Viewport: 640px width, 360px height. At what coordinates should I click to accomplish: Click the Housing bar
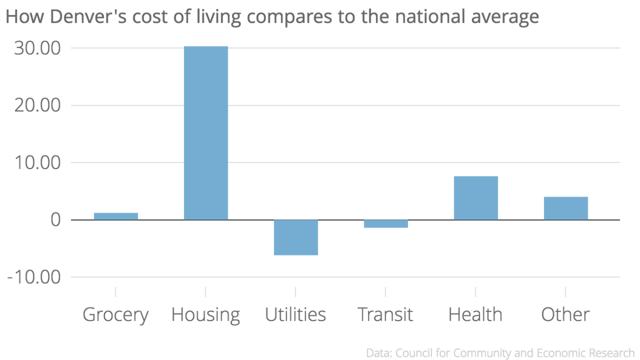click(206, 133)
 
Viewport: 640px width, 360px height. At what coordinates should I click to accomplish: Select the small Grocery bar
click(116, 216)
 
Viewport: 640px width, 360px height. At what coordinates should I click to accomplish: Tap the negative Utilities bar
click(296, 237)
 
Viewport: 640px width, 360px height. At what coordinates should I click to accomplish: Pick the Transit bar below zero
click(386, 223)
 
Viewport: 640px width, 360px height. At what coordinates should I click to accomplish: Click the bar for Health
click(476, 198)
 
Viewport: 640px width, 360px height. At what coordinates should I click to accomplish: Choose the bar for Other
click(565, 208)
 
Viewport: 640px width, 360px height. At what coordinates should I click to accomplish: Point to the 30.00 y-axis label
click(37, 49)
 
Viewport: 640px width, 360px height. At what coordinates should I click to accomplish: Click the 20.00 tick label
click(37, 106)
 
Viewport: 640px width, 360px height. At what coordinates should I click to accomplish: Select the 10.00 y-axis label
click(37, 163)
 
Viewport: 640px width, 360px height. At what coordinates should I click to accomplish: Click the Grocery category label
click(116, 315)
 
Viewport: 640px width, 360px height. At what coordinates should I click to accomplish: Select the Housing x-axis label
click(206, 315)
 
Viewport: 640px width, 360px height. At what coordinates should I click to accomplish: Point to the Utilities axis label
click(296, 314)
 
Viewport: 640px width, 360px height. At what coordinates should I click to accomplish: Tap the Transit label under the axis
click(386, 314)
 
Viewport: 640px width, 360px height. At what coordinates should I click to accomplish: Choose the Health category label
click(476, 314)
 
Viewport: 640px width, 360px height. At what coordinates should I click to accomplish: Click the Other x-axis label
click(565, 314)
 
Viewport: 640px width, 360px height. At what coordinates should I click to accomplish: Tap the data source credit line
click(500, 353)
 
